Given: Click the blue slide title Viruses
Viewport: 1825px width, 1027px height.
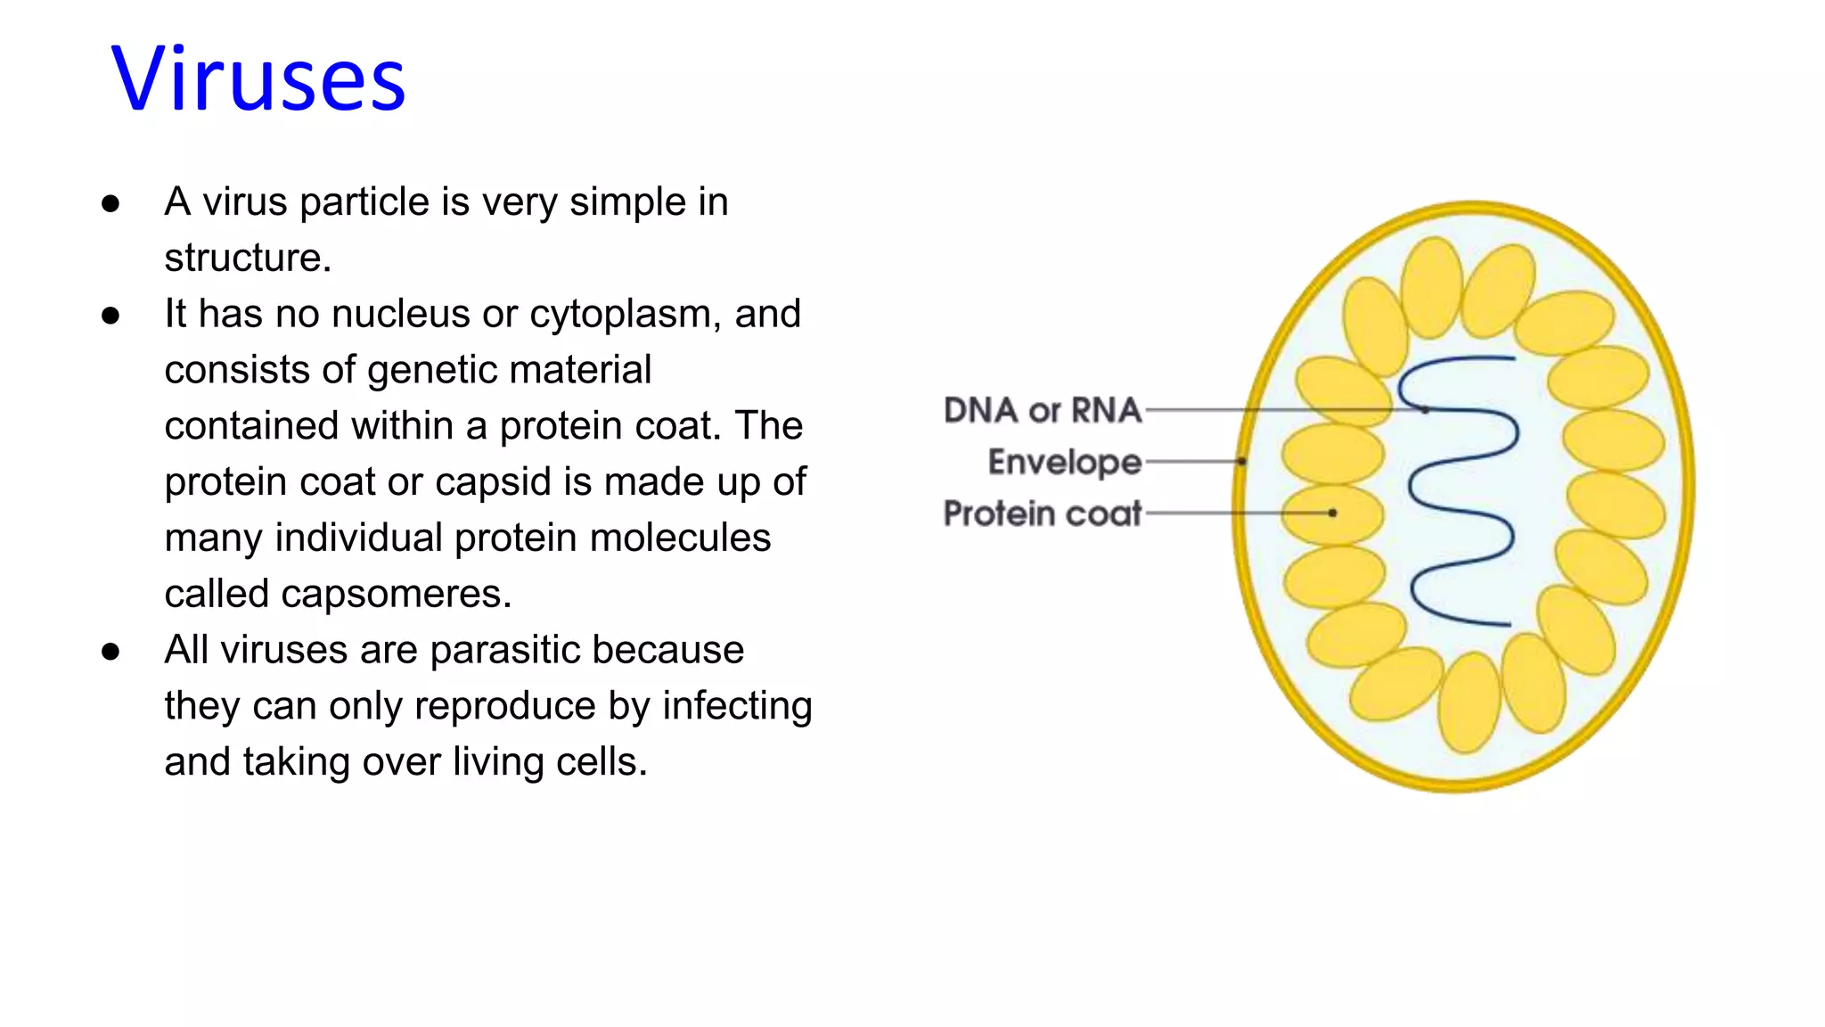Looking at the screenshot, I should coord(258,80).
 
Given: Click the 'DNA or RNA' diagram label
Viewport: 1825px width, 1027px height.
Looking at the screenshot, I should coord(1042,410).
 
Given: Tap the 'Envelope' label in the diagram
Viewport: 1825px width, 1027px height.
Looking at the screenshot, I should coord(1064,462).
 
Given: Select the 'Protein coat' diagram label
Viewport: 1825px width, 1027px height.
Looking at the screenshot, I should coord(1042,513).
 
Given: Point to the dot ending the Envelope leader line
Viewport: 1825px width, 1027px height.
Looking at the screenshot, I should coord(1241,461).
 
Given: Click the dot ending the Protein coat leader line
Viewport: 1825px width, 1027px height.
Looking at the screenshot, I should coord(1332,513).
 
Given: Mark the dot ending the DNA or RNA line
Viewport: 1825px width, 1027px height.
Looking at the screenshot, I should coord(1426,410).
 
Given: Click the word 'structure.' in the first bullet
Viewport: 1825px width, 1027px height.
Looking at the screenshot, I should coord(248,259).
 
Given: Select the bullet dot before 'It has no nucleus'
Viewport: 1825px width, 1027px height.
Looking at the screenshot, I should coord(110,316).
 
